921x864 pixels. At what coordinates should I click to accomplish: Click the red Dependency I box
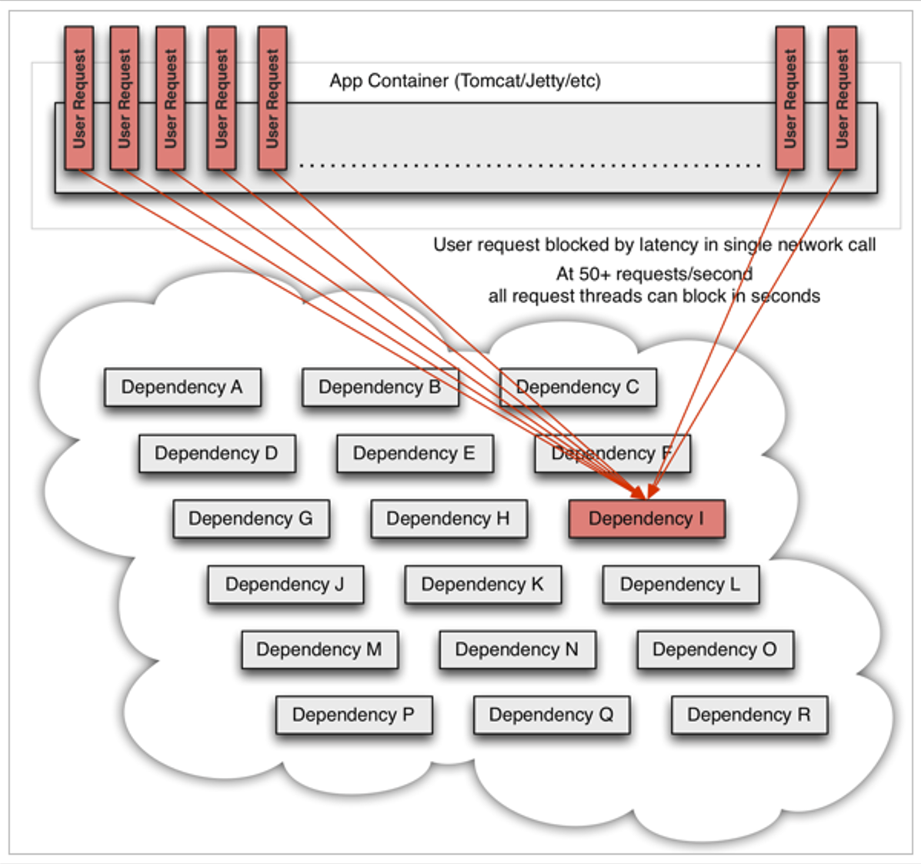click(x=646, y=519)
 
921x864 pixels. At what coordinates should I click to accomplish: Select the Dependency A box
click(x=182, y=387)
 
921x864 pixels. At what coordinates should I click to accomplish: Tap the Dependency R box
click(x=749, y=716)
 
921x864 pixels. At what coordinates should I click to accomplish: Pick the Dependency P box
click(x=354, y=716)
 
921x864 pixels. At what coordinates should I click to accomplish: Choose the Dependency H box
click(x=449, y=519)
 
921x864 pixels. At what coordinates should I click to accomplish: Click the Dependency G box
click(x=251, y=519)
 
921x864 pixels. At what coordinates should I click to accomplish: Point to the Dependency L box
click(x=681, y=585)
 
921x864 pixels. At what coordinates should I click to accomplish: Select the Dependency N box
click(x=517, y=650)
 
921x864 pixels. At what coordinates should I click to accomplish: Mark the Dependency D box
click(x=217, y=453)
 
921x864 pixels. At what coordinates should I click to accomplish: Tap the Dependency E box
click(x=415, y=453)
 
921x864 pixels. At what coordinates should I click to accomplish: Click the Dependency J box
click(x=285, y=585)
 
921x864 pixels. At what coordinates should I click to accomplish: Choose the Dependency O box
click(x=715, y=650)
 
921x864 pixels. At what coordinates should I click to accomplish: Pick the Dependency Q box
click(x=552, y=716)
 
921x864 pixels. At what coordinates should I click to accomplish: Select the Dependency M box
click(x=319, y=650)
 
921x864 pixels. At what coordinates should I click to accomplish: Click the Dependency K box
click(x=483, y=585)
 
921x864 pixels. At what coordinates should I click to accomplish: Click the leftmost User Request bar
click(x=79, y=98)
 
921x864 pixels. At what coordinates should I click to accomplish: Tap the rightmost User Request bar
click(x=842, y=98)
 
